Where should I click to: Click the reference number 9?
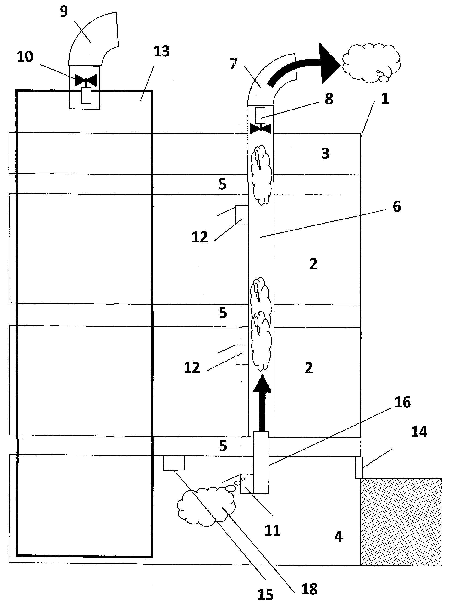64,12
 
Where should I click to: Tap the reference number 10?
25,57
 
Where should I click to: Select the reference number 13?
161,51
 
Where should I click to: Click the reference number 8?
329,99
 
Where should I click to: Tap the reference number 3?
325,154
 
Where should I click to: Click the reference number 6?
397,207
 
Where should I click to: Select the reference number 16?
403,402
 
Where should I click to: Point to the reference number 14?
419,432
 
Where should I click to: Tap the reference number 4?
338,536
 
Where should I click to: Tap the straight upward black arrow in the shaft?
262,403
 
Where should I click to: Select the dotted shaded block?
401,522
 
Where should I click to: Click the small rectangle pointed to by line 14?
359,467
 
